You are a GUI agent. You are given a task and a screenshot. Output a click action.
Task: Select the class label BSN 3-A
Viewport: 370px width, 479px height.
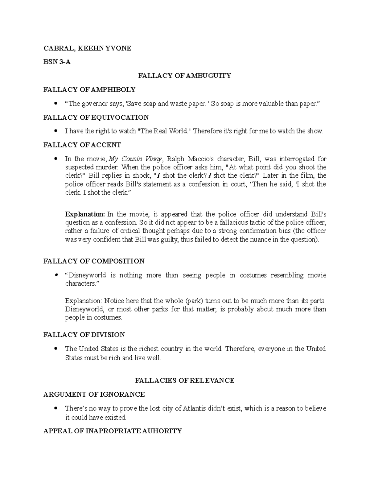point(57,62)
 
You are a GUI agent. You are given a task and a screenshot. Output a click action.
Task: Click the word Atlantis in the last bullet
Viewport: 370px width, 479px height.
point(195,409)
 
